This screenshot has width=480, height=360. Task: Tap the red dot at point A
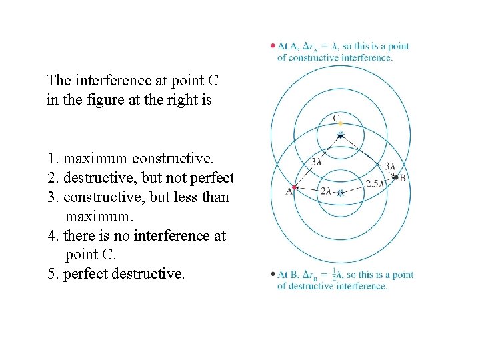tap(295, 189)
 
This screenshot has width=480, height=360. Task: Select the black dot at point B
tap(395, 177)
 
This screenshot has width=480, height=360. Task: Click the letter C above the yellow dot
tap(337, 117)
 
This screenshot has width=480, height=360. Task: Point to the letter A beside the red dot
tap(289, 191)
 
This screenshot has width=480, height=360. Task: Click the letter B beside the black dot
tap(403, 178)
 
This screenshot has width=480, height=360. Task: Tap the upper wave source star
tap(340, 135)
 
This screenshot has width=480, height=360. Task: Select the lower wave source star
tap(340, 193)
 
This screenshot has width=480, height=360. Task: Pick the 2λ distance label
tap(325, 191)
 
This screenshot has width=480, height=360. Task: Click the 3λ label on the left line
tap(317, 161)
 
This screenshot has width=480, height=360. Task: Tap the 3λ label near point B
tap(391, 166)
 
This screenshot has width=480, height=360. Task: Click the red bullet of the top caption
tap(273, 46)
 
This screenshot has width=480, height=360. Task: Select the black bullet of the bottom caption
tap(273, 275)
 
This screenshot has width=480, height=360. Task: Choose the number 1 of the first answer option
tap(51, 159)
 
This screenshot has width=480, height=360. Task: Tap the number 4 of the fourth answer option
tap(51, 236)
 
